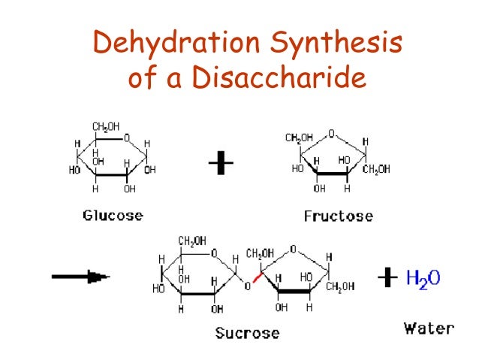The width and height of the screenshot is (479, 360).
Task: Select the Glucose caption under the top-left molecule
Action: click(113, 216)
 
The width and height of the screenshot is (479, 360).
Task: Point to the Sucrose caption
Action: click(247, 332)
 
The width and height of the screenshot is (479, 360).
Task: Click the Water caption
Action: click(429, 328)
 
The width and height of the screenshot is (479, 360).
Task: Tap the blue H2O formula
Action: click(423, 279)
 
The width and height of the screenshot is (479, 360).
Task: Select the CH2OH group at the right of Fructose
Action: click(375, 169)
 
